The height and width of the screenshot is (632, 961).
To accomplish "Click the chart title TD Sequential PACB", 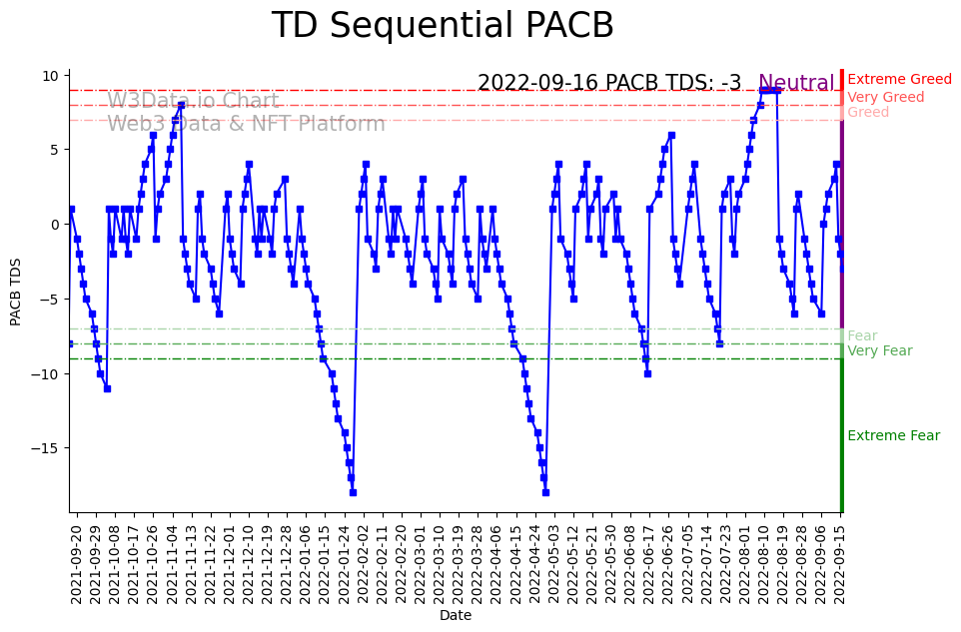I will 443,27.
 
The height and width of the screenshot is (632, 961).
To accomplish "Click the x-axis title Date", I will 455,616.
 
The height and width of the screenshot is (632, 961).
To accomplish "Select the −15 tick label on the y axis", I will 46,448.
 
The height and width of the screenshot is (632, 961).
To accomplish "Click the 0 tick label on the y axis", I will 57,225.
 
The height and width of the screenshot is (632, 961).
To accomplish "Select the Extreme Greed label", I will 899,80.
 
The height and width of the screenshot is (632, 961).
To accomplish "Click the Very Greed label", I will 886,98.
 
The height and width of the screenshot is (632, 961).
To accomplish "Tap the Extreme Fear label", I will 893,436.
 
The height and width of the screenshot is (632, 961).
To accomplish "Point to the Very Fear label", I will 880,351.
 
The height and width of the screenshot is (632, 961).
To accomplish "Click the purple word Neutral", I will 796,84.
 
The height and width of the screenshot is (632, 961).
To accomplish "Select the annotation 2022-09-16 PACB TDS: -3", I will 609,84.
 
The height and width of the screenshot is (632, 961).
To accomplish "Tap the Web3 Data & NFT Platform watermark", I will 246,125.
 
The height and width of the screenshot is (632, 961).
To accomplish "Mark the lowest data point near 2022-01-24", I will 353,492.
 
